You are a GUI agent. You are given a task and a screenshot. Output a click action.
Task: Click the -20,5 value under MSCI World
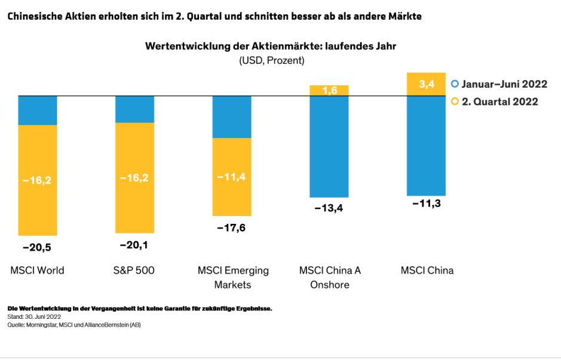(37, 247)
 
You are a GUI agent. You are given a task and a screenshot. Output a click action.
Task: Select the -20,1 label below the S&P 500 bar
(134, 245)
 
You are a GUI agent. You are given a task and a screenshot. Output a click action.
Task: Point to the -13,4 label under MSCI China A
(329, 208)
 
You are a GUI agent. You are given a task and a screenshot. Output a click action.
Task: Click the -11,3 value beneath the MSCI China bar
(427, 204)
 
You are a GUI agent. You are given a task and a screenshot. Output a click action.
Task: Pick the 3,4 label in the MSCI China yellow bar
(427, 84)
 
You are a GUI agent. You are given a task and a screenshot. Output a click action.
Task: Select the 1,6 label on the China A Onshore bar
(329, 90)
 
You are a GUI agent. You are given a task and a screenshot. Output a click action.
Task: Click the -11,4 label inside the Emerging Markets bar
(232, 176)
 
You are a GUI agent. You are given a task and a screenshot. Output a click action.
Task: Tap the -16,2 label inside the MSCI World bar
(37, 180)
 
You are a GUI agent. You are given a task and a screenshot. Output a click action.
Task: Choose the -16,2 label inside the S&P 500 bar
(134, 177)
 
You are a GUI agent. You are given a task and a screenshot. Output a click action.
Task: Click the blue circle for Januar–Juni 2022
(455, 84)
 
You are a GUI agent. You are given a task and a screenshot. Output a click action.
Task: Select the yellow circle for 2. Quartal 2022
(455, 101)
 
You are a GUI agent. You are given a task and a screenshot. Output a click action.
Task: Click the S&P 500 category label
(134, 270)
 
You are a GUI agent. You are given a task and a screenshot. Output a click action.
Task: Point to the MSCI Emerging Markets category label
(233, 277)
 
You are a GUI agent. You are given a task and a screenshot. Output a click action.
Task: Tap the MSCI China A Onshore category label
(330, 277)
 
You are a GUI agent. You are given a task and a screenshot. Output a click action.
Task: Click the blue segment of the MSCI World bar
(37, 110)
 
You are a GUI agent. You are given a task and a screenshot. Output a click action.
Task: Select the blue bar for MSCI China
(427, 146)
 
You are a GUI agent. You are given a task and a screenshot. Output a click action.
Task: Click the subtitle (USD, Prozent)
(272, 60)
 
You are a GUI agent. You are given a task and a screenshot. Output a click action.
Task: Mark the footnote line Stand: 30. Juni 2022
(34, 317)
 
